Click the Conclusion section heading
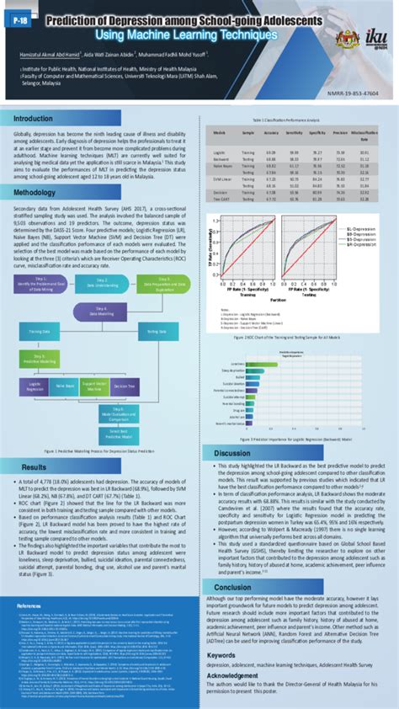pyautogui.click(x=232, y=587)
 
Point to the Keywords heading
pyautogui.click(x=221, y=653)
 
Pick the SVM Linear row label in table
pyautogui.click(x=222, y=179)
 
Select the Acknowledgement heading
pyautogui.click(x=234, y=674)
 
